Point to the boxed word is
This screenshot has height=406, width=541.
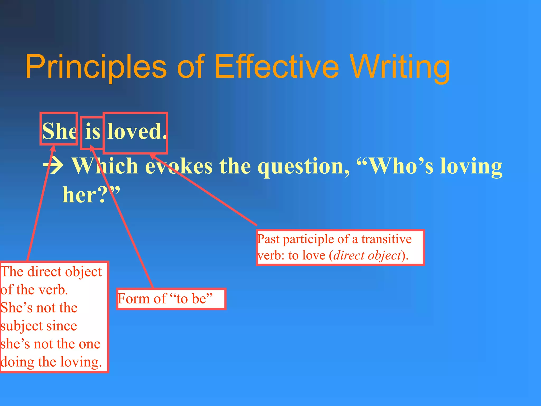(x=92, y=131)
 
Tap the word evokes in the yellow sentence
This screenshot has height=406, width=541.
(x=179, y=166)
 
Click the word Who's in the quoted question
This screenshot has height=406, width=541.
(x=395, y=166)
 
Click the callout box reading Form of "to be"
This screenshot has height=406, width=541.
(x=171, y=299)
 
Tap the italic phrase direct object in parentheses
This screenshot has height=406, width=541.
(x=367, y=256)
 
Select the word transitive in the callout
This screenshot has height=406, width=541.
(x=386, y=239)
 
